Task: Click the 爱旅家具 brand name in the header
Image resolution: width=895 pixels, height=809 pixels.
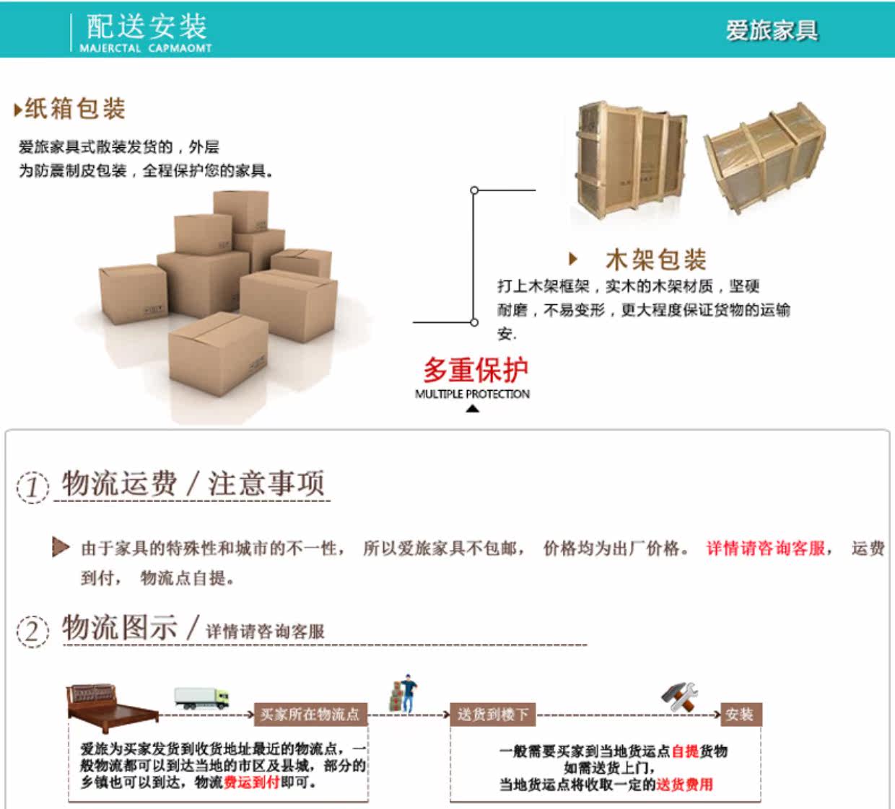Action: tap(772, 30)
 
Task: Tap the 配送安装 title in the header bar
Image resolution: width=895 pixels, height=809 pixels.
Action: tap(147, 27)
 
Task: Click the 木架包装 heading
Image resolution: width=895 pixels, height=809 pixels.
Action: tap(655, 259)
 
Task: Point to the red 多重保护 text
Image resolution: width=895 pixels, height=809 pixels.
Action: tap(476, 370)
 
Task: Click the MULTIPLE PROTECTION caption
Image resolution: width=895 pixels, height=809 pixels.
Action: tap(472, 394)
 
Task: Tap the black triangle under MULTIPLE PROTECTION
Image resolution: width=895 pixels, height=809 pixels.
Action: tap(472, 409)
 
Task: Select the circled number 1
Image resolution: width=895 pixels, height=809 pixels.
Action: tap(32, 487)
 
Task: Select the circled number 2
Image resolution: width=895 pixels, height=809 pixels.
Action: tap(32, 631)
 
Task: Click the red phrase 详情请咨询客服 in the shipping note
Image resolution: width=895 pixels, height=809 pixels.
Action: tap(765, 549)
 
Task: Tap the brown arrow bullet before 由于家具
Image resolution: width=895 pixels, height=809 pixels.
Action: tap(61, 547)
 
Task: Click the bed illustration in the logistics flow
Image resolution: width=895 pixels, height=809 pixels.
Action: tap(113, 702)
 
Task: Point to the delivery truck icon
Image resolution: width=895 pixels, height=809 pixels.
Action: tap(201, 697)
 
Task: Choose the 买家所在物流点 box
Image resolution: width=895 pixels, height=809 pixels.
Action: tap(310, 715)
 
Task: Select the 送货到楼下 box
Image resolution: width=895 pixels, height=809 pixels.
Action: tap(493, 715)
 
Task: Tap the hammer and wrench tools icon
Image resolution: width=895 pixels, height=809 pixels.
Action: tap(680, 696)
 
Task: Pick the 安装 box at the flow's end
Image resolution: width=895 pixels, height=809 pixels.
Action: tap(740, 715)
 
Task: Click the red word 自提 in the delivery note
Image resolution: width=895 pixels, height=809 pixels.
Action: tap(685, 751)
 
